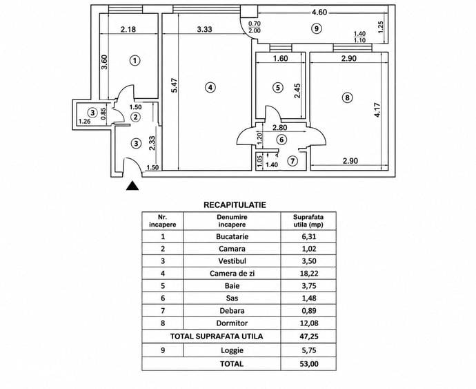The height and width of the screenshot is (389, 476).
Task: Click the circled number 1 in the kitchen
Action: [135, 60]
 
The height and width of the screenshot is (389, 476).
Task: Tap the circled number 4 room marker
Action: [210, 88]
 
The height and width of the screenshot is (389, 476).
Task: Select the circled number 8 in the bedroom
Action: [347, 97]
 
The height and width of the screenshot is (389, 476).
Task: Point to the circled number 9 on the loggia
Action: [317, 28]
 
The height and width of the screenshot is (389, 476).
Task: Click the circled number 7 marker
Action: [292, 160]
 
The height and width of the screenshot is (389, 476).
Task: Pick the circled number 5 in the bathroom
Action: [278, 88]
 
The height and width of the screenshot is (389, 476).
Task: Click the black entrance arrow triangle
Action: [132, 186]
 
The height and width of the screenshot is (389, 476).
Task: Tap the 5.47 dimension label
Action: [174, 86]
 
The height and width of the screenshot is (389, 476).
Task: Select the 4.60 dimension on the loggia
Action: [319, 12]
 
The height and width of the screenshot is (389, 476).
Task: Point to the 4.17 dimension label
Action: [377, 110]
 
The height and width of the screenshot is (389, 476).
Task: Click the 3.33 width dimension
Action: [205, 30]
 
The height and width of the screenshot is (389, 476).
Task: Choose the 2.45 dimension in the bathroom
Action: [297, 91]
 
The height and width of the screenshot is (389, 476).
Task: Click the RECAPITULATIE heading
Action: [235, 205]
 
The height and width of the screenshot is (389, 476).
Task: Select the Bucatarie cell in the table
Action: [232, 236]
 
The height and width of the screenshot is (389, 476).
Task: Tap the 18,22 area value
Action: [309, 274]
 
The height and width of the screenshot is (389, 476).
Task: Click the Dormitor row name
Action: [232, 323]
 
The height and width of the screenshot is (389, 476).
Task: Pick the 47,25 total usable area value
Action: [309, 336]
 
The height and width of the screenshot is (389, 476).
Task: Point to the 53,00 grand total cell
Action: [309, 363]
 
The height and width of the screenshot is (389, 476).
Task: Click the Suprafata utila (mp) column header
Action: [308, 221]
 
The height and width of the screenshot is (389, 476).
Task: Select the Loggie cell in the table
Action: [232, 350]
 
